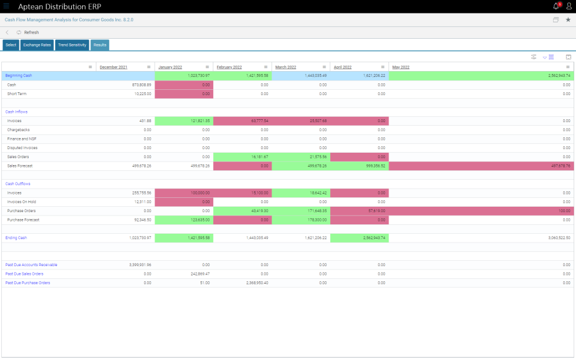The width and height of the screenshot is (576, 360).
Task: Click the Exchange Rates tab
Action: point(37,45)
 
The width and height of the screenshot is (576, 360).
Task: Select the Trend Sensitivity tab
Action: point(72,45)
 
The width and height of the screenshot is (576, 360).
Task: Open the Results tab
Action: point(99,45)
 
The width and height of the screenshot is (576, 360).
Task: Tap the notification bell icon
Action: point(555,6)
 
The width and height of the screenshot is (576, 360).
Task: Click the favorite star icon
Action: point(568,19)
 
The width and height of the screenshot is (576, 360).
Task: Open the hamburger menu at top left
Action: point(6,6)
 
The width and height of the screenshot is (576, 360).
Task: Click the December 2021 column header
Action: point(113,67)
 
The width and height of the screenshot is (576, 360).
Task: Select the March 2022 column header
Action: point(286,67)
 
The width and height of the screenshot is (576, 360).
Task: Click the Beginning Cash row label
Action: point(19,76)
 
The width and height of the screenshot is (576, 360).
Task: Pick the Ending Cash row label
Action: point(16,238)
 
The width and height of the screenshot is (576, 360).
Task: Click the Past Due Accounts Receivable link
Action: point(31,265)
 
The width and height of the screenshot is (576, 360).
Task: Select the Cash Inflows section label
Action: point(16,112)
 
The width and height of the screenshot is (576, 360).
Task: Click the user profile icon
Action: point(568,6)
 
